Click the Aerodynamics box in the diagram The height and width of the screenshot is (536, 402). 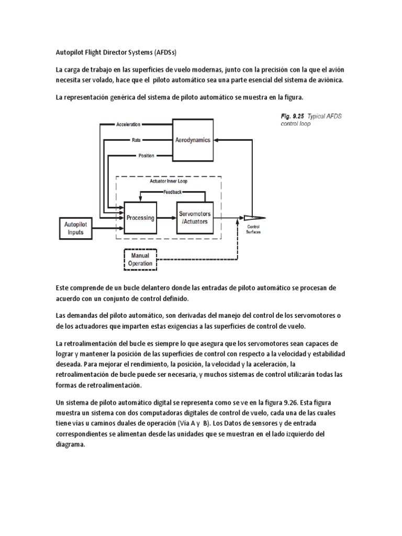click(x=193, y=140)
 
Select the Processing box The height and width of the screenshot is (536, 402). click(x=140, y=218)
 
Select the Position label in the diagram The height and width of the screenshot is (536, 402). click(x=146, y=156)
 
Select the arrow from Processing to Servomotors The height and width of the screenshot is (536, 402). click(x=166, y=218)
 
